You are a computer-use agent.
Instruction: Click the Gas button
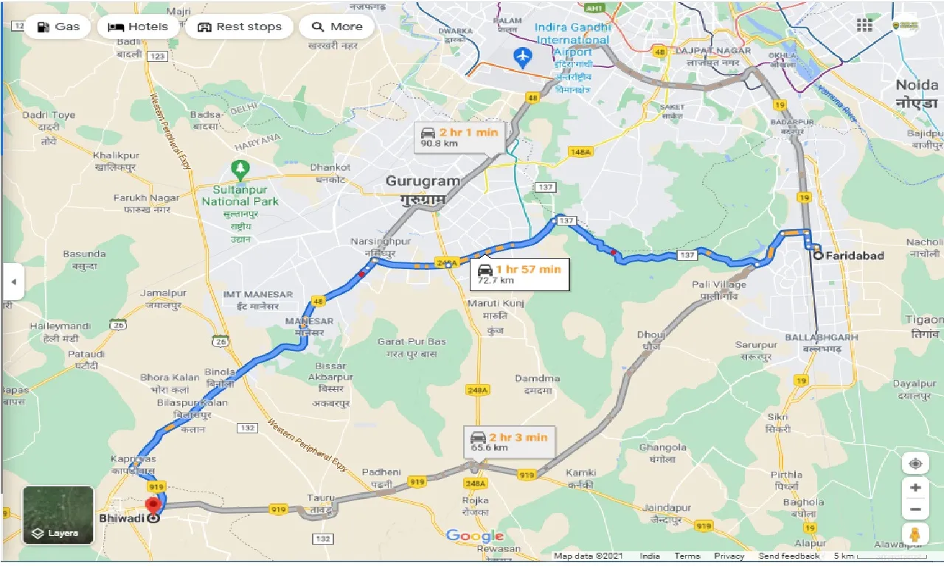coord(58,27)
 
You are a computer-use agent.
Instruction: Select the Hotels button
coord(139,27)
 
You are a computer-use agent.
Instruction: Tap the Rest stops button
coord(240,27)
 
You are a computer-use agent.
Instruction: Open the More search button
coord(337,27)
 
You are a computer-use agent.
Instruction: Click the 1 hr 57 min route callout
coord(520,273)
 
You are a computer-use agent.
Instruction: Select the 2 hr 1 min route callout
coord(459,136)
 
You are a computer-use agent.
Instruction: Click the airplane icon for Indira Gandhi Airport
coord(523,56)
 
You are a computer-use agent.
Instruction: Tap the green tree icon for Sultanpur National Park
coord(240,169)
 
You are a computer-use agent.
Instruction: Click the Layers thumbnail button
coord(58,514)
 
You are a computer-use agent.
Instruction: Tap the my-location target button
coord(914,464)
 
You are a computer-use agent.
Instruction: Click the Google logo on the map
coord(475,536)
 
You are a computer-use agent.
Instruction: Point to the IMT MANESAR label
coord(258,295)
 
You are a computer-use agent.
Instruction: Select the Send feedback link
coord(788,556)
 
